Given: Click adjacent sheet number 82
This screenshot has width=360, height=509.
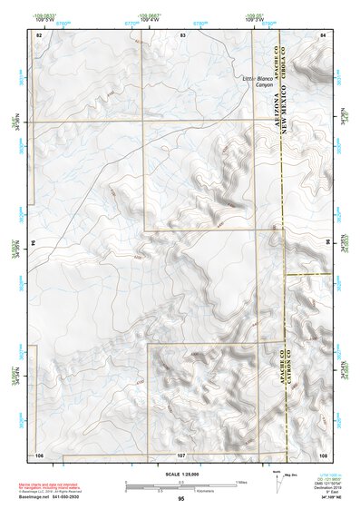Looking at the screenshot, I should coord(39,34).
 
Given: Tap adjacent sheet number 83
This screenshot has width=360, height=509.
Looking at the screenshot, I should coord(182,34).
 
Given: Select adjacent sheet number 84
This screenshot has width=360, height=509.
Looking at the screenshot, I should coord(322,34).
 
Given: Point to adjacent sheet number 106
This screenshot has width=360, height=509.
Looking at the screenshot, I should coord(39,453).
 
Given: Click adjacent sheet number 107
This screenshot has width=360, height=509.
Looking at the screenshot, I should coord(181,453).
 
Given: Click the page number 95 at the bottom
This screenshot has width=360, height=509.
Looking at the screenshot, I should coord(181,499).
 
